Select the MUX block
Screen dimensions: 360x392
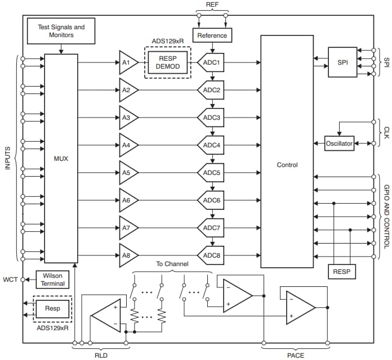tap(61, 159)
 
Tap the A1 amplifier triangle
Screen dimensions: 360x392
tap(127, 62)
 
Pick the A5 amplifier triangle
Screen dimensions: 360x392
tap(127, 173)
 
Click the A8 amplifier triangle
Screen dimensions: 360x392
tap(127, 255)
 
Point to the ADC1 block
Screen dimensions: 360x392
tap(212, 62)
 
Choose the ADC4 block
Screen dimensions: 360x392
tap(212, 145)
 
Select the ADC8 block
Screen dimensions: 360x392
tap(212, 255)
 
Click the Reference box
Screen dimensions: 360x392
tap(212, 35)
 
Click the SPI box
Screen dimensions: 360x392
tap(343, 62)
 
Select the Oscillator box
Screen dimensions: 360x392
tap(339, 143)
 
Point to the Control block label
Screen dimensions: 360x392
tap(287, 165)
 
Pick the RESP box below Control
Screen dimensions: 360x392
tap(341, 271)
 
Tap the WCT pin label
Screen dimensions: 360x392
tap(10, 280)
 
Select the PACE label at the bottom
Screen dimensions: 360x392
tap(295, 355)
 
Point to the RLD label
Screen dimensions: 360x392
tap(101, 355)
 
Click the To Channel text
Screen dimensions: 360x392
tap(172, 263)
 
